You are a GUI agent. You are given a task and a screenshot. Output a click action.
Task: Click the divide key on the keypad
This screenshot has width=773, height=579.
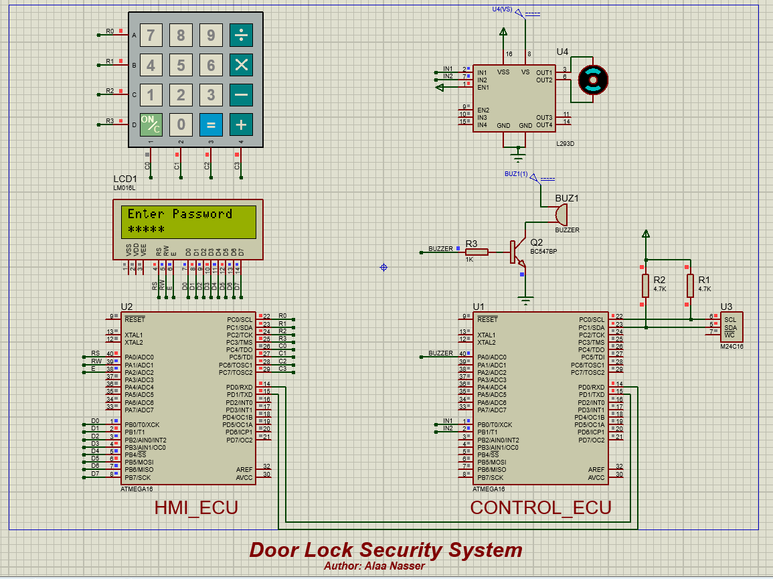(x=242, y=35)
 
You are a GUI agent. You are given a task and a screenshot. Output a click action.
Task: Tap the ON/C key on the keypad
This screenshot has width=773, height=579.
(x=151, y=125)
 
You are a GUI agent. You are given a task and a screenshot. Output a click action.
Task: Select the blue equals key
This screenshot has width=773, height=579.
(x=211, y=125)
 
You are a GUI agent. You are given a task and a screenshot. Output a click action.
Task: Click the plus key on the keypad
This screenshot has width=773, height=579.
(x=242, y=125)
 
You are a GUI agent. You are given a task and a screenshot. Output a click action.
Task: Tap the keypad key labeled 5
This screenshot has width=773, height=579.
(x=181, y=65)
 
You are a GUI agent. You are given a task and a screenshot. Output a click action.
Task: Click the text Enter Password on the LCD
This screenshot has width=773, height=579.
(x=179, y=214)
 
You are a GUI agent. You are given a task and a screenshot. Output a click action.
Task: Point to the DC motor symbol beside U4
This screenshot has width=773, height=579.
(x=592, y=80)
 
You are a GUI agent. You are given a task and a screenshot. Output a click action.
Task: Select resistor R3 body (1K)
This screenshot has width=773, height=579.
(x=477, y=252)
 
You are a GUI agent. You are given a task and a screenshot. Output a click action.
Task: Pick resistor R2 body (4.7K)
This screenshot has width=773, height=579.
(x=645, y=286)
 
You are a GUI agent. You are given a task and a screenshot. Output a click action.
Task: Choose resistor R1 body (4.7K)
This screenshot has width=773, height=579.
(x=690, y=286)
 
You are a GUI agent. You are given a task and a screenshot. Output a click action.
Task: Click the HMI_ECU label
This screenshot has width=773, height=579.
(x=196, y=507)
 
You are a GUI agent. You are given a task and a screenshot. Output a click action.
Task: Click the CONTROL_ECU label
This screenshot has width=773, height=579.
(x=541, y=507)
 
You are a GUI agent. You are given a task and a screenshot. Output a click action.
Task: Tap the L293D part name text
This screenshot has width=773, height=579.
(x=566, y=144)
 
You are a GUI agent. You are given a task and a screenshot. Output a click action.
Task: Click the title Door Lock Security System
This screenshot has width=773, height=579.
(x=385, y=550)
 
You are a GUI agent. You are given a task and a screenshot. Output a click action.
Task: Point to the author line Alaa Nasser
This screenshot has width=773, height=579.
(x=374, y=566)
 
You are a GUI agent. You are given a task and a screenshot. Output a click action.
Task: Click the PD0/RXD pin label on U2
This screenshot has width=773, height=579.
(x=239, y=387)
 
